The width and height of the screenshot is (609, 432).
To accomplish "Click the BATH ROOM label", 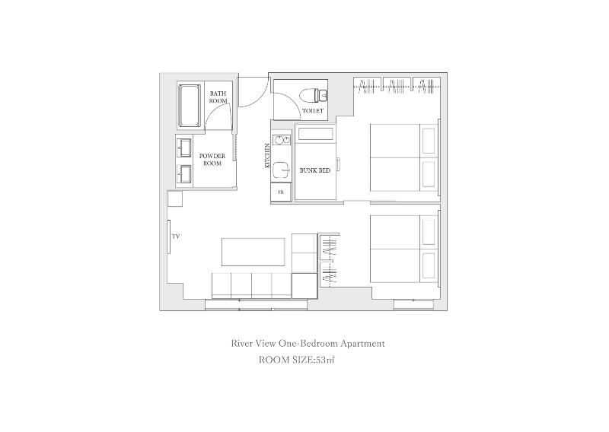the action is click(x=218, y=97).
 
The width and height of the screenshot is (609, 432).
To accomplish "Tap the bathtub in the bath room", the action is click(x=190, y=105).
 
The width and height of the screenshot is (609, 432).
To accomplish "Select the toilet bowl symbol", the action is click(x=314, y=94).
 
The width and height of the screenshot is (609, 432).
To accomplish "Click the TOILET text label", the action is click(x=313, y=111).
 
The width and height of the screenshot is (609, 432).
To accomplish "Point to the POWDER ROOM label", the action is click(x=212, y=160).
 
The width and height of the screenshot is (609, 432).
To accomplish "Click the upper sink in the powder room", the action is click(x=184, y=148).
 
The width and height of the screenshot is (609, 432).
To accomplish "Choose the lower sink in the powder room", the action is click(x=184, y=174).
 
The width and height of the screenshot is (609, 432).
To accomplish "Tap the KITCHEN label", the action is click(x=267, y=156).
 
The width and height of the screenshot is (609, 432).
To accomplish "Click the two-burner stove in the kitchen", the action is click(x=281, y=139).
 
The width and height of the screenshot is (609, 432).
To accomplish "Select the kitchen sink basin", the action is click(x=281, y=170).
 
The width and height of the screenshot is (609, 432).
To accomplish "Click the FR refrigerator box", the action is click(x=281, y=192).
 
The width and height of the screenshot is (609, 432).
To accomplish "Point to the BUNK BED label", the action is click(x=315, y=170).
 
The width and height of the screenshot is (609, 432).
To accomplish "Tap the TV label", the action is click(x=176, y=237).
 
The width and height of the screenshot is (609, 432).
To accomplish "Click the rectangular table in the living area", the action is click(x=253, y=252).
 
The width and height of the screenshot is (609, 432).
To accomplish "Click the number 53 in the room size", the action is click(x=321, y=360).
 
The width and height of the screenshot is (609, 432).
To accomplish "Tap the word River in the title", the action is click(x=241, y=344).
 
